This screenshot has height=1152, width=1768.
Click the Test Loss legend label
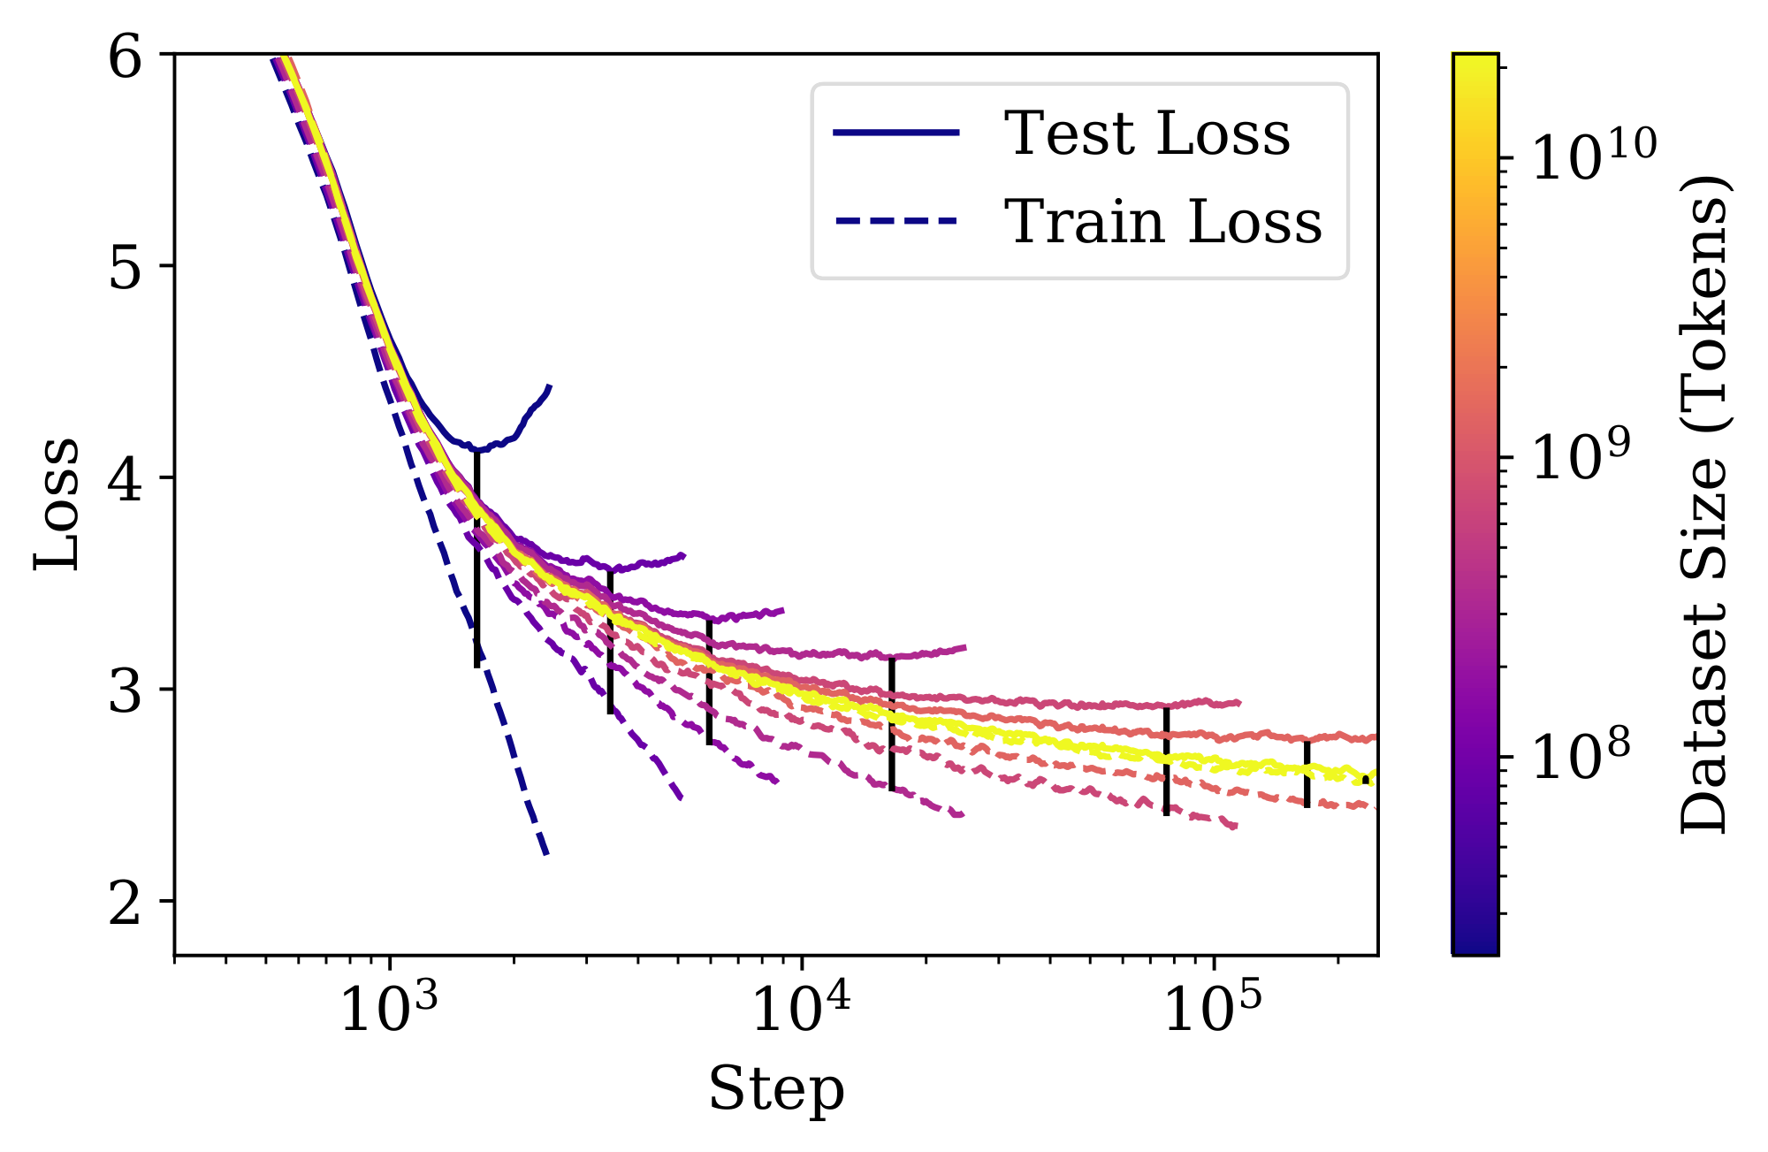pos(1147,134)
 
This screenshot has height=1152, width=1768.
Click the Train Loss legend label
pos(1162,221)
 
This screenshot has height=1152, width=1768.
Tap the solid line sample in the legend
pos(895,134)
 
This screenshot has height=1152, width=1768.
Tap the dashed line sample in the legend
pos(895,220)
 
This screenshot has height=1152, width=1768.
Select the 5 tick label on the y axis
pos(126,266)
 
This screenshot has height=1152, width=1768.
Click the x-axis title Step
pos(776,1089)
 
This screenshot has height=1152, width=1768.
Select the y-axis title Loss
pos(57,505)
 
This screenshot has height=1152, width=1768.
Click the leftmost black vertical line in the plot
pos(477,557)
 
